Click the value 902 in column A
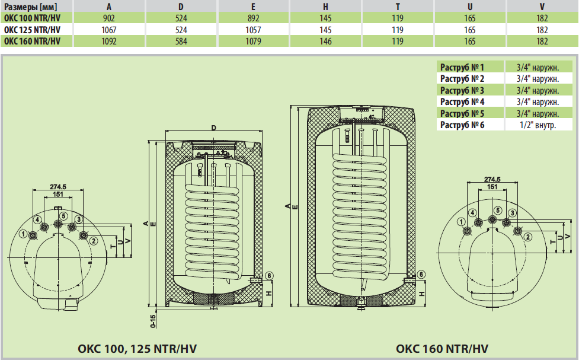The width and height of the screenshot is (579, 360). pos(109,18)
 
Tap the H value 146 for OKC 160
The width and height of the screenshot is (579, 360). pos(325,42)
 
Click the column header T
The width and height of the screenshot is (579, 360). pos(397,7)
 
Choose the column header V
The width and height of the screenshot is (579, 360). pos(542,7)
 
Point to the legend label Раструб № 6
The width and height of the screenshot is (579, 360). pos(462,125)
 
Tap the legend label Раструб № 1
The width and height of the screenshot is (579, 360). pos(462,67)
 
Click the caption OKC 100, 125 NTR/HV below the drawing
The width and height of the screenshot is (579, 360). pos(137,348)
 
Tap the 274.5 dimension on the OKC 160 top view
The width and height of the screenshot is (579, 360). pos(492,179)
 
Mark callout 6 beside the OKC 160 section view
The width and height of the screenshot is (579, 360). pos(420,274)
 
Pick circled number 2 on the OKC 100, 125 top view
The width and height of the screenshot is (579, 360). pos(93,240)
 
